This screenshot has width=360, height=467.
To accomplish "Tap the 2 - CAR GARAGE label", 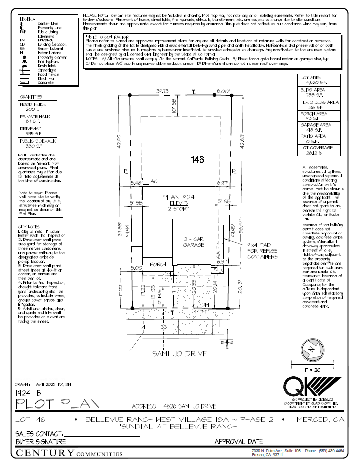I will pos(194,241).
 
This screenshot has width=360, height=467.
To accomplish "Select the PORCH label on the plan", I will pos(159,264).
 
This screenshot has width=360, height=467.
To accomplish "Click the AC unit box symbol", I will pos(146,181).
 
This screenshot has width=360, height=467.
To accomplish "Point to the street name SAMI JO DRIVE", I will pos(179,353).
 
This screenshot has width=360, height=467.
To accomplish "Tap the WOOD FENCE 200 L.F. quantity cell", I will pos(38,107).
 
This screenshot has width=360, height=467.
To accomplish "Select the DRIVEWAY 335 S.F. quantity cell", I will pos(38,131).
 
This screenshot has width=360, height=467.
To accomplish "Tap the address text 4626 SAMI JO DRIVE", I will pos(174,406).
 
